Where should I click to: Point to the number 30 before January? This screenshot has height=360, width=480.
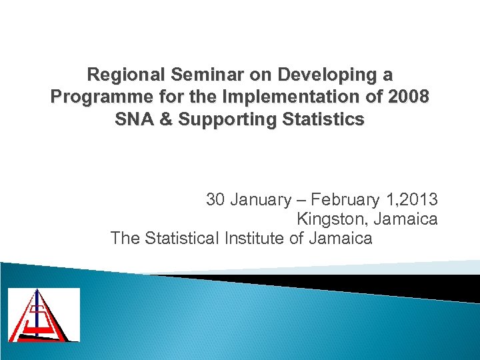click(216, 199)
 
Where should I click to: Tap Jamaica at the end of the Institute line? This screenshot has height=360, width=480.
click(341, 237)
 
